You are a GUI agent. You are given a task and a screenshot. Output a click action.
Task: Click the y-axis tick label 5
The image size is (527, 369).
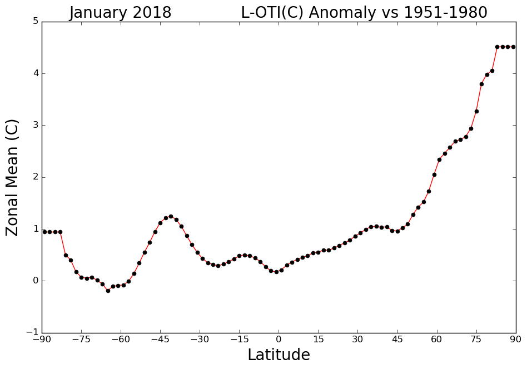coord(36,22)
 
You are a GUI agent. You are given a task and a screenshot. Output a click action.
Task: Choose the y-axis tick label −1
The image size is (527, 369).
coord(32,333)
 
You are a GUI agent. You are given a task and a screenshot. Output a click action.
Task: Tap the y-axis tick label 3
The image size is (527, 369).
coord(36,125)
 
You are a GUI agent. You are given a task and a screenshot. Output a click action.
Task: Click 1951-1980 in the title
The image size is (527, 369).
coord(442,12)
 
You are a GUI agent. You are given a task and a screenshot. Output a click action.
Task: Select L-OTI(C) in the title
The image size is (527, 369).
coord(272,12)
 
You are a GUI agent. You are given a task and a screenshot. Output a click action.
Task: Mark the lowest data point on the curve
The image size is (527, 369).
coord(108,291)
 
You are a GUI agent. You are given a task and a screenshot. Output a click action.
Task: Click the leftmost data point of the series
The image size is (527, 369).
coord(44,232)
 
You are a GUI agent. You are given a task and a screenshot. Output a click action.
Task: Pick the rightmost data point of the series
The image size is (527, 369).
coord(513,47)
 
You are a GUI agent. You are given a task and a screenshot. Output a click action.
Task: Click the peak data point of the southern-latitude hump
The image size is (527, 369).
coord(171,216)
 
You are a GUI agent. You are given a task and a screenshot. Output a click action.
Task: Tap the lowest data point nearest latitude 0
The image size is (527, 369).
coord(276,272)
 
